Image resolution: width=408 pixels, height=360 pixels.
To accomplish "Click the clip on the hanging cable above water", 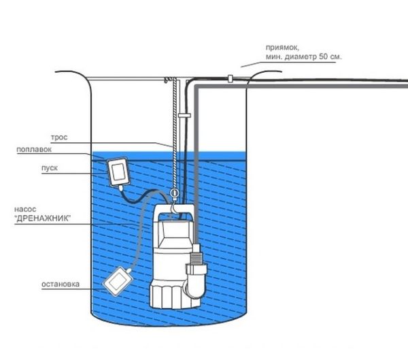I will point(184,117).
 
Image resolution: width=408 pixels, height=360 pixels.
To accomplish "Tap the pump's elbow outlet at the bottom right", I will point(196,286).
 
